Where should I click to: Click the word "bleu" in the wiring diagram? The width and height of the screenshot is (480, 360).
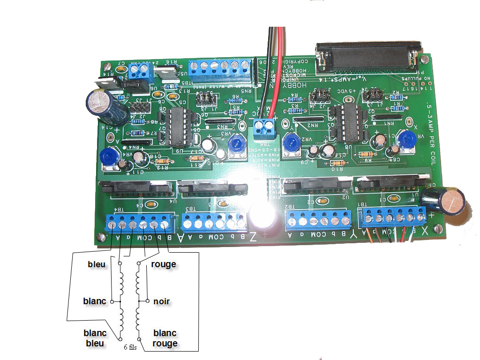coord(97,264)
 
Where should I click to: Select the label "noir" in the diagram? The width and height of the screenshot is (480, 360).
coord(162,301)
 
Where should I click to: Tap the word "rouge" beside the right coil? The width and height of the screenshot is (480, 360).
coord(164,264)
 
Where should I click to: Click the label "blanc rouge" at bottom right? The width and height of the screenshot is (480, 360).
coord(165,338)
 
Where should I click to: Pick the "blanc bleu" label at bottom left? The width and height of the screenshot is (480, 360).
coord(95,338)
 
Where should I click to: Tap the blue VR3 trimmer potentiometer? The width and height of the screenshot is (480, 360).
coord(235,144)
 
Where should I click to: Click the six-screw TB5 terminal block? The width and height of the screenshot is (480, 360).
coord(219,71)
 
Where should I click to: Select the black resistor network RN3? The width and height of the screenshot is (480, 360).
coord(219,123)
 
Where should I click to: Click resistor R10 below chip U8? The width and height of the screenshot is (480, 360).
coord(337,163)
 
